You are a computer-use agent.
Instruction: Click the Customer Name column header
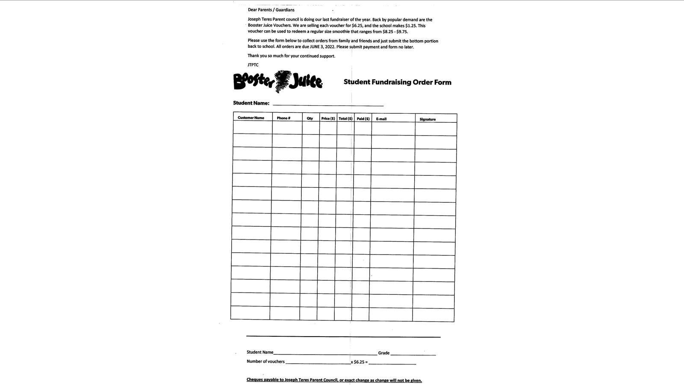[251, 118]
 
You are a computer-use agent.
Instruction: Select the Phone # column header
[283, 118]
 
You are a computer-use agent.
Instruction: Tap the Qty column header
[310, 118]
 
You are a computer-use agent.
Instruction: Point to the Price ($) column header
[328, 118]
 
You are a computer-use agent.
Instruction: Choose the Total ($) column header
[345, 118]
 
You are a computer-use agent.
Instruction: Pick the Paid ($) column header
[363, 118]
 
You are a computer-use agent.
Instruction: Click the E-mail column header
[381, 119]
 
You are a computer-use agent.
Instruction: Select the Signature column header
[427, 119]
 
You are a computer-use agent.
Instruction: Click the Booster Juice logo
[278, 81]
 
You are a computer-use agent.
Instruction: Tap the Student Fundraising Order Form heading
[397, 82]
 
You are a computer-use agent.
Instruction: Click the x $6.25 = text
[359, 362]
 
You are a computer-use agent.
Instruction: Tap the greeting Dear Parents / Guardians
[271, 10]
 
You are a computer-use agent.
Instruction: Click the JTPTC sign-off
[253, 65]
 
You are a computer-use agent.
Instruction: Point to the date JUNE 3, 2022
[322, 47]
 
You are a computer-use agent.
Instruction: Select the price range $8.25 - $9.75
[395, 32]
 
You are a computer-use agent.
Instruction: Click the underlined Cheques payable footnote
[334, 380]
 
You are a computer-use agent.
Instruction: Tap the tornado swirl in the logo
[282, 81]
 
